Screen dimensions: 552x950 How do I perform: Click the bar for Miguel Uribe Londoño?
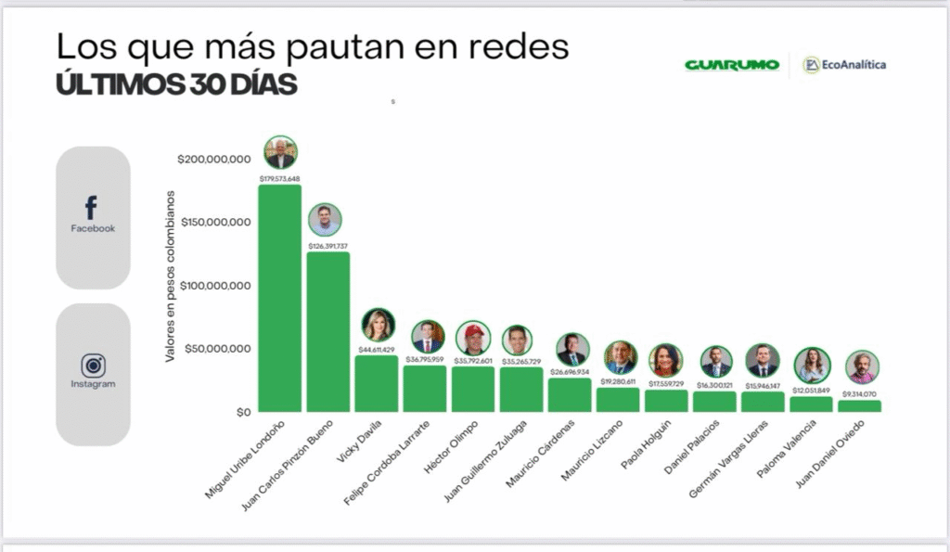point(279,297)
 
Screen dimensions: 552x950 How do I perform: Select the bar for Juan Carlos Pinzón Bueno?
point(327,331)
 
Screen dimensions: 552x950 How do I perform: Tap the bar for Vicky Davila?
point(376,383)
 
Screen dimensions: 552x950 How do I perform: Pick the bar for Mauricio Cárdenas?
point(569,394)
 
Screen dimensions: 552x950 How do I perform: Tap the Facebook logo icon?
point(92,209)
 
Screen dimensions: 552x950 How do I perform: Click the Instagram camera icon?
point(93,366)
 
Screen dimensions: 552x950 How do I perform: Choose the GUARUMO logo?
point(731,65)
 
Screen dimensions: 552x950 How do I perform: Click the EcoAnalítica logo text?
point(852,64)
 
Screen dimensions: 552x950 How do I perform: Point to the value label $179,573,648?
point(279,178)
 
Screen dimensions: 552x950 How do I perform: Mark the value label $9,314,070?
point(859,394)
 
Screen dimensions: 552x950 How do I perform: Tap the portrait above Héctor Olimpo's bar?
point(473,339)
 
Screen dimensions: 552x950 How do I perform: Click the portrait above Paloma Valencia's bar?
point(812,365)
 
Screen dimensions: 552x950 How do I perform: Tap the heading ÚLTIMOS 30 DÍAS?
point(176,84)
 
